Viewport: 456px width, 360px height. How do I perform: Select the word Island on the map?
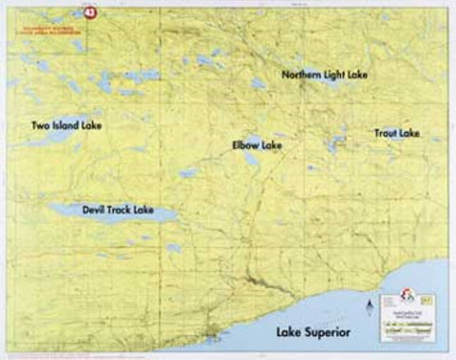[68, 124]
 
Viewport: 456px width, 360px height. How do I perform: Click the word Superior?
[328, 332]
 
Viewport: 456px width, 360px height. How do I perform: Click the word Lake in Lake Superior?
[289, 332]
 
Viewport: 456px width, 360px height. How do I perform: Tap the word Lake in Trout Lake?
[409, 132]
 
